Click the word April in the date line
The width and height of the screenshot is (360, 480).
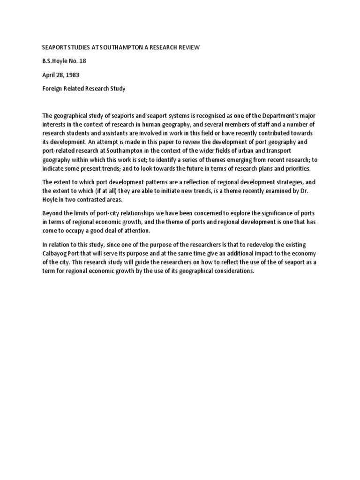tap(50, 75)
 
